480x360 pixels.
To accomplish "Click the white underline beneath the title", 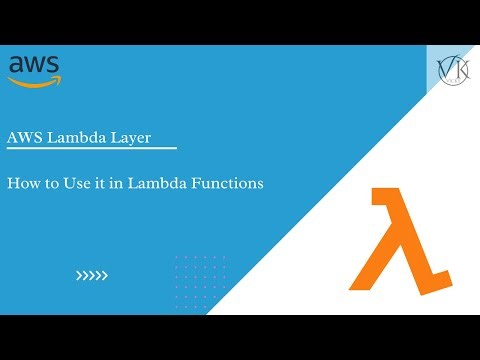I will [x=91, y=150].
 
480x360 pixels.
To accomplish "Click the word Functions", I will [x=229, y=184].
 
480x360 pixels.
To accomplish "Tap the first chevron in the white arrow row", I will [x=80, y=275].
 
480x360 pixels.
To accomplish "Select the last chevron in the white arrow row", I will [x=104, y=275].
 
